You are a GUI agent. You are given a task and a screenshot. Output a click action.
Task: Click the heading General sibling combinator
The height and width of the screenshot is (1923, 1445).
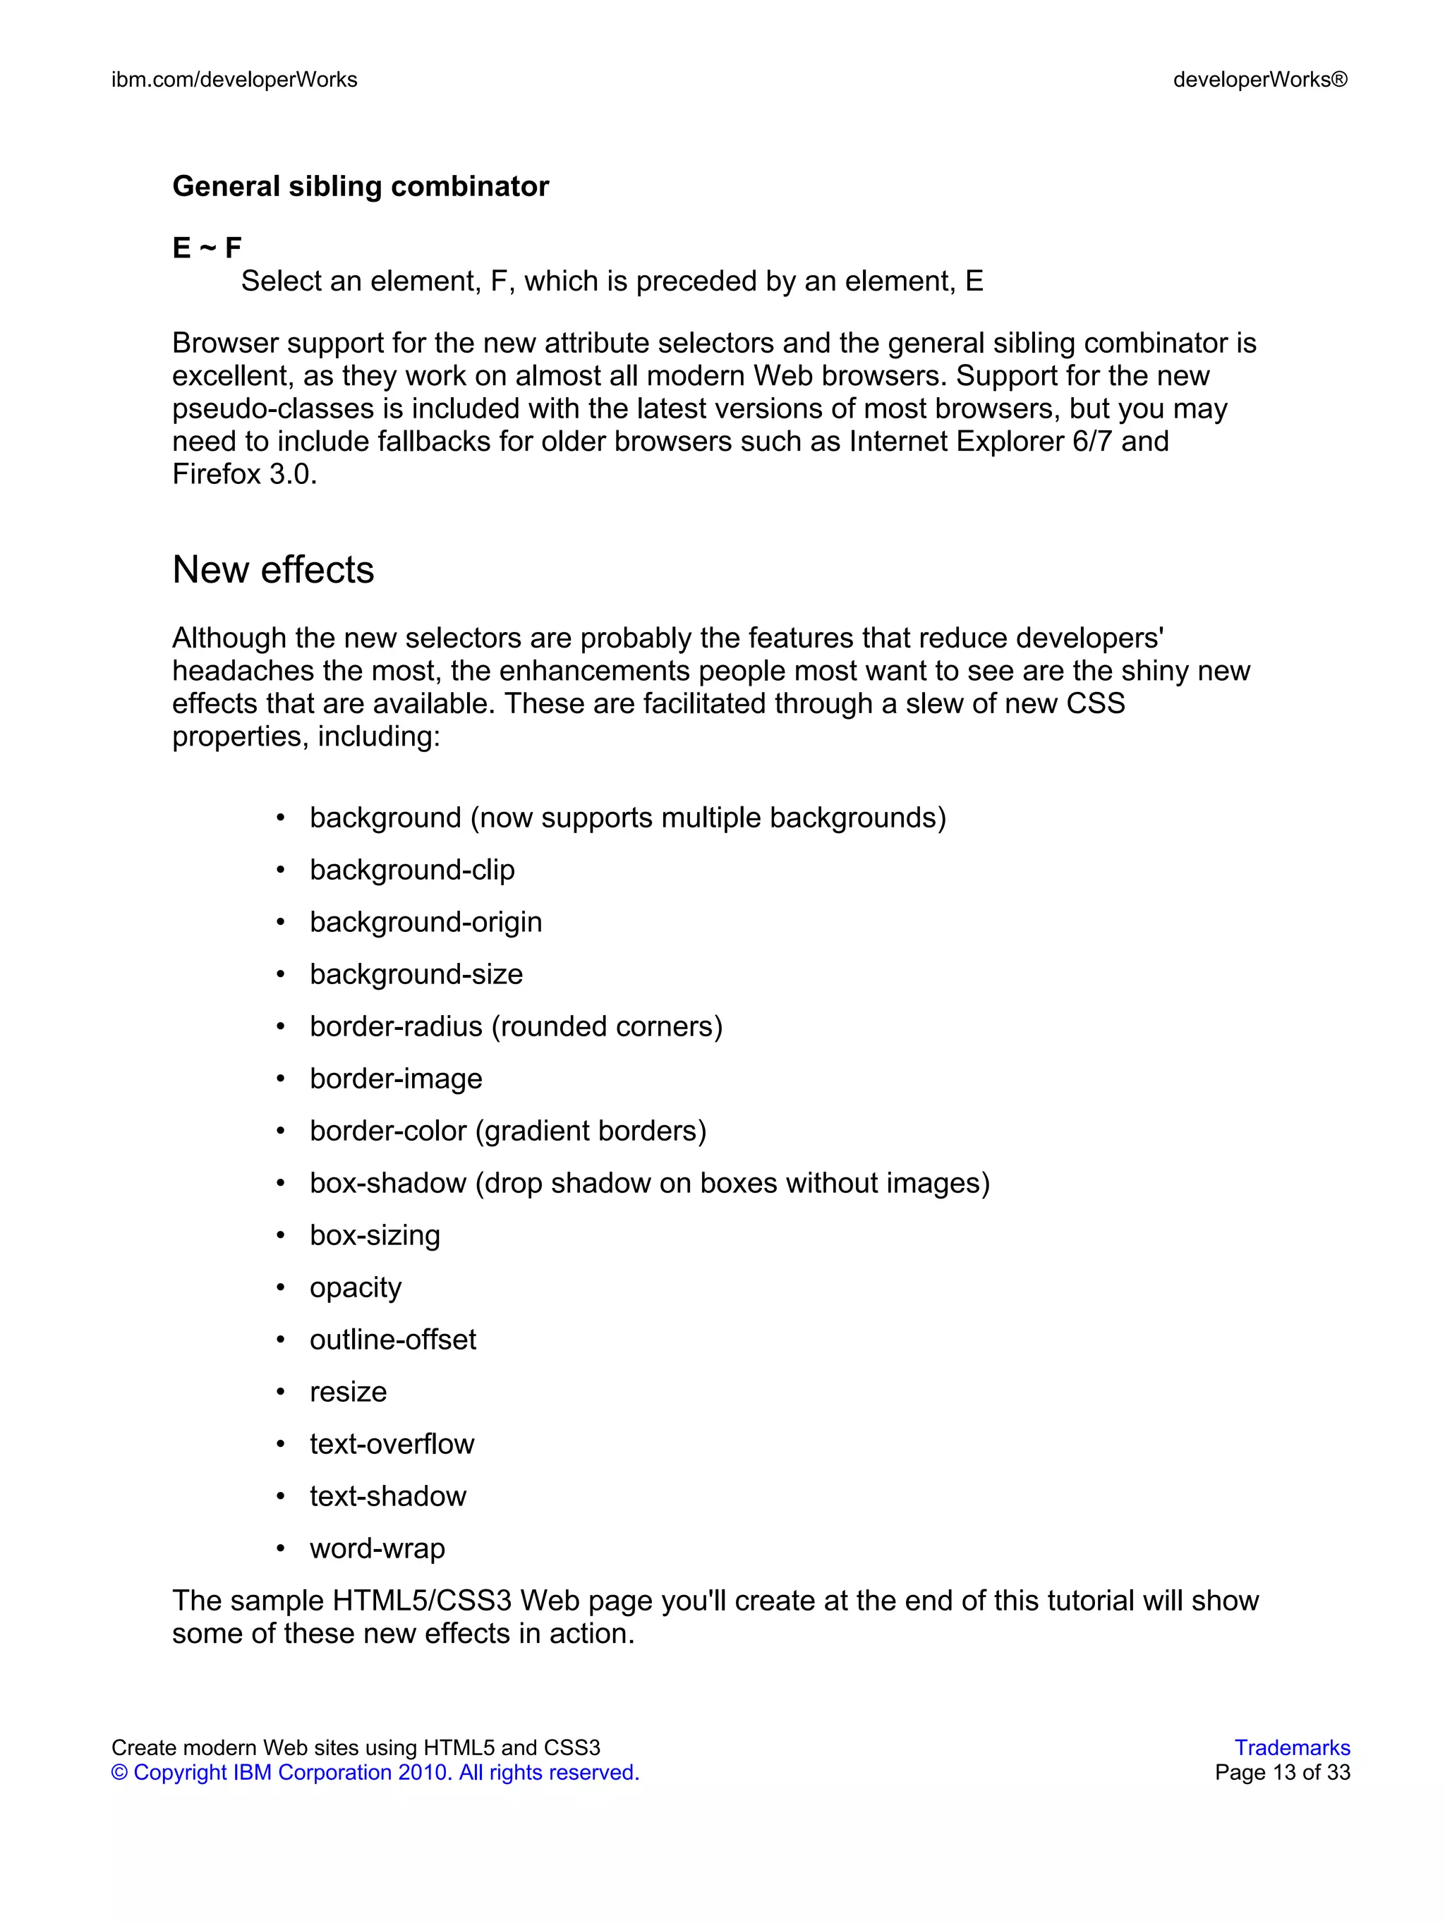click(x=360, y=186)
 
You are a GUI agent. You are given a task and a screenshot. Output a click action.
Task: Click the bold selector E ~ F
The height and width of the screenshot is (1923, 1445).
click(x=207, y=248)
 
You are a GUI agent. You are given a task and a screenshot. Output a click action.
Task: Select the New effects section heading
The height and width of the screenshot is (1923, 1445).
click(x=273, y=570)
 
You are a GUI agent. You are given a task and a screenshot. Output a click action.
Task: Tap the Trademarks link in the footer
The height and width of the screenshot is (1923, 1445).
click(x=1291, y=1747)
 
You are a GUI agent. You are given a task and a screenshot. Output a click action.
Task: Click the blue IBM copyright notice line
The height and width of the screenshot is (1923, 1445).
click(x=375, y=1772)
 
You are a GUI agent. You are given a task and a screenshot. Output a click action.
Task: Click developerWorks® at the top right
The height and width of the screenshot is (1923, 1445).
click(x=1260, y=80)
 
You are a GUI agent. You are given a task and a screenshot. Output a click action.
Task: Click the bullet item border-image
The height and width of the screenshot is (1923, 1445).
click(x=396, y=1078)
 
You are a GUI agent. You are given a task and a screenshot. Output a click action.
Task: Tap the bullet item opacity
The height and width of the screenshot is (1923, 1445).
click(x=355, y=1287)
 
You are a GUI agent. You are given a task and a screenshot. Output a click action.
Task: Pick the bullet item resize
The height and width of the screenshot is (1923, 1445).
click(x=348, y=1391)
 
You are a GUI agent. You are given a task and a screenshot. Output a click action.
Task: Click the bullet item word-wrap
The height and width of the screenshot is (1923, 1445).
click(x=377, y=1548)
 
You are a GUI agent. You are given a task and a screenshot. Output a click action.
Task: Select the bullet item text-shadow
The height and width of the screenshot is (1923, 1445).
click(x=388, y=1496)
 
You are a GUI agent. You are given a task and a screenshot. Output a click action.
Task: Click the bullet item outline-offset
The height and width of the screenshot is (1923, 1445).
click(x=392, y=1339)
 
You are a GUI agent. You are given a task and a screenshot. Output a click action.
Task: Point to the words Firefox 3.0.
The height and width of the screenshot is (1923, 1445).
click(x=244, y=474)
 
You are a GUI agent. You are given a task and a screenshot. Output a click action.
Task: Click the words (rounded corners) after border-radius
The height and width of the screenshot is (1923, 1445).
click(x=607, y=1026)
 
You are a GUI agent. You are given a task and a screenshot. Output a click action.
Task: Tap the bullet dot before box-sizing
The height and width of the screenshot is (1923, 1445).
click(x=280, y=1235)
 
